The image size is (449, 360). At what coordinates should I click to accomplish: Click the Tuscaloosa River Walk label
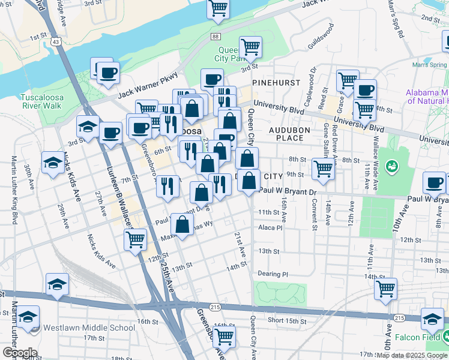41,101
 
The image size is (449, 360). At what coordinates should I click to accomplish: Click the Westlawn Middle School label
89,328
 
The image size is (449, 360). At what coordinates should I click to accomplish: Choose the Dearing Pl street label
274,274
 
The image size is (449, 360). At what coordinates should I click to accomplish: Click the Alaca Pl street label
270,228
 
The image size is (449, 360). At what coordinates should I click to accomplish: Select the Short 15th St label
287,321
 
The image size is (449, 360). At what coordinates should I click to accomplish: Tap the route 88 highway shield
215,37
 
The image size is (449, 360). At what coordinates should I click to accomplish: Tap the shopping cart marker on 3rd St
250,47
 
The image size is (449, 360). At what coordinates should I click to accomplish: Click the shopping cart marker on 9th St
323,169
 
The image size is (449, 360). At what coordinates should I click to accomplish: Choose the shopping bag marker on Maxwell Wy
181,225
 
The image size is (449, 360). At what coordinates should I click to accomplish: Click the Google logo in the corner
20,353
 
